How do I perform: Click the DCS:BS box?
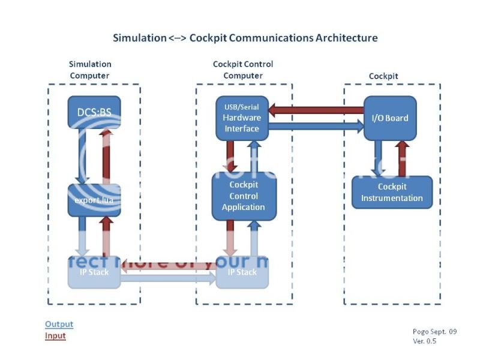pyautogui.click(x=94, y=112)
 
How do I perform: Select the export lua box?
pyautogui.click(x=94, y=200)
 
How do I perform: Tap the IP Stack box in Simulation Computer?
pyautogui.click(x=94, y=272)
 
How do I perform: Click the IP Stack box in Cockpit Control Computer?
pyautogui.click(x=242, y=272)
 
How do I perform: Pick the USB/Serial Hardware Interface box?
pyautogui.click(x=242, y=118)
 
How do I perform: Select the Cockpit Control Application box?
pyautogui.click(x=243, y=196)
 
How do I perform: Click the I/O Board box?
pyautogui.click(x=389, y=118)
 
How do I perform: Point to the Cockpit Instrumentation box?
pyautogui.click(x=392, y=192)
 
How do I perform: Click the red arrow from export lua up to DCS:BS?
pyautogui.click(x=106, y=156)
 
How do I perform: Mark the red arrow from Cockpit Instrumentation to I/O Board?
pyautogui.click(x=402, y=158)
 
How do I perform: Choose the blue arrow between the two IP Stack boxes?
pyautogui.click(x=168, y=278)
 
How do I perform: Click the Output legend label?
pyautogui.click(x=59, y=325)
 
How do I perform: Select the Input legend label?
pyautogui.click(x=55, y=336)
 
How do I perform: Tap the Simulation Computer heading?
pyautogui.click(x=90, y=70)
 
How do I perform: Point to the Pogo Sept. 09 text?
pyautogui.click(x=434, y=331)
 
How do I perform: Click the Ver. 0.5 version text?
pyautogui.click(x=424, y=341)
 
